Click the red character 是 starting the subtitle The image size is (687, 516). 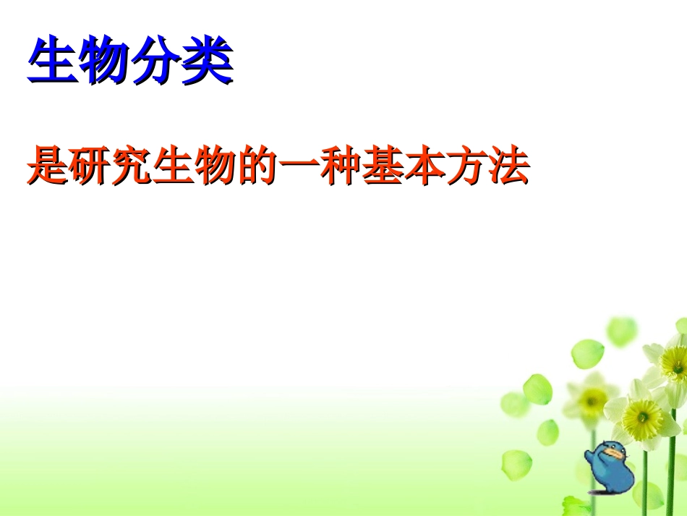47,165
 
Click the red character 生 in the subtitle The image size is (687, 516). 174,165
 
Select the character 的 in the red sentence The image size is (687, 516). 257,165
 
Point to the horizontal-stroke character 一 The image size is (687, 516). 299,166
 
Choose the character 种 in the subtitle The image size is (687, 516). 341,165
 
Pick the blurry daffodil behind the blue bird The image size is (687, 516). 592,397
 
